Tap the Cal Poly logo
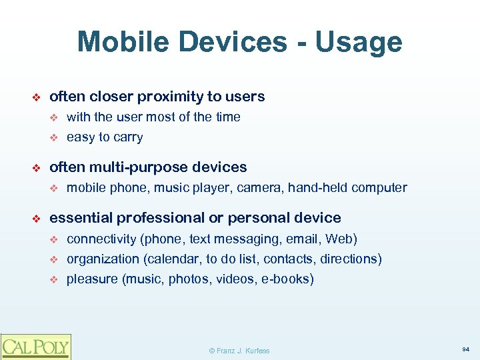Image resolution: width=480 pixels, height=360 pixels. pyautogui.click(x=35, y=346)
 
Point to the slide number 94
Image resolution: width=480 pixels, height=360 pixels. pyautogui.click(x=465, y=349)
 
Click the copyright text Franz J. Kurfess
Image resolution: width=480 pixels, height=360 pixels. pyautogui.click(x=240, y=351)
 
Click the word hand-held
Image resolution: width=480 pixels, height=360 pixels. pyautogui.click(x=317, y=188)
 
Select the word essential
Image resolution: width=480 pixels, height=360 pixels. pyautogui.click(x=79, y=218)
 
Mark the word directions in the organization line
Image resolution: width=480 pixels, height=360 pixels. pyautogui.click(x=350, y=259)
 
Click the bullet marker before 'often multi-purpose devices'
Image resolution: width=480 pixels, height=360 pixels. pyautogui.click(x=37, y=167)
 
